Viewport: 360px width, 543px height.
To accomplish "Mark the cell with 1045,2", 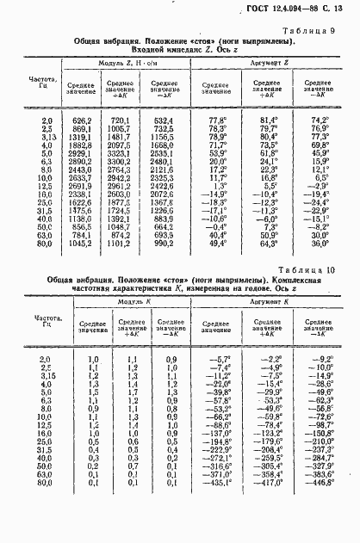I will pyautogui.click(x=80, y=244).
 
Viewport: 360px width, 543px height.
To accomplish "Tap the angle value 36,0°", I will pyautogui.click(x=320, y=244).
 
